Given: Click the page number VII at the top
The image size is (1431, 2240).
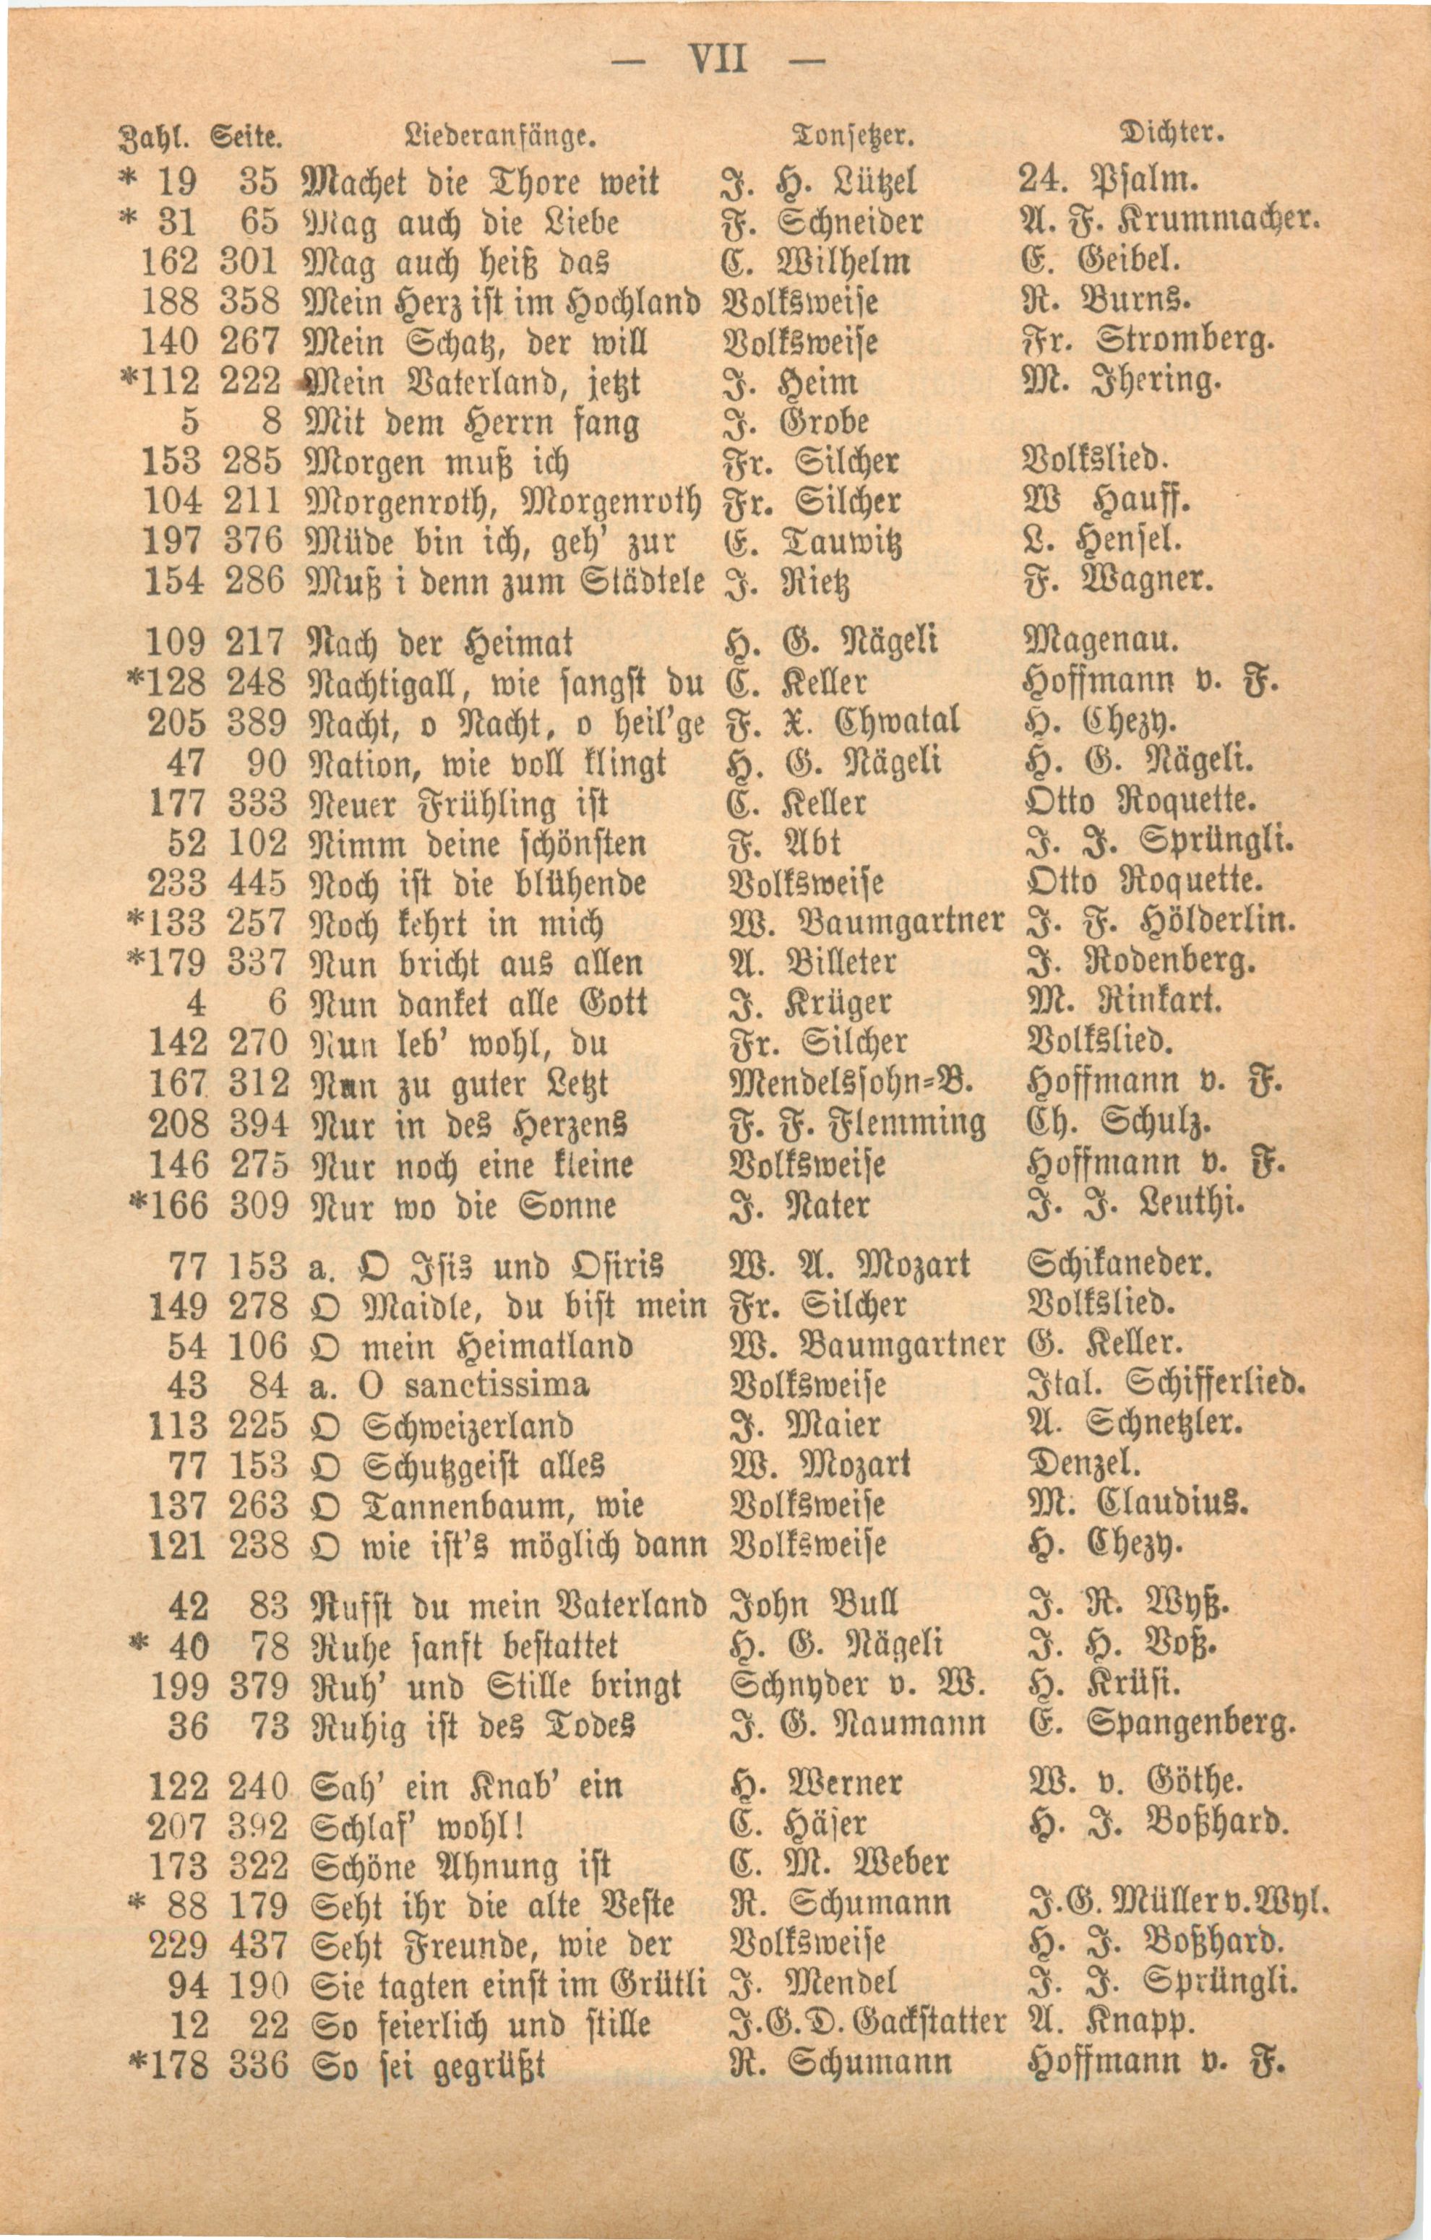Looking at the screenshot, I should (x=718, y=61).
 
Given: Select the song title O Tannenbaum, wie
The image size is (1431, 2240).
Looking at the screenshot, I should (x=476, y=1505).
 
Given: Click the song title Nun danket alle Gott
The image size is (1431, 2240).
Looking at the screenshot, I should (x=476, y=1003).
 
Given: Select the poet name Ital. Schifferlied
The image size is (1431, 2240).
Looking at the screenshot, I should (x=1166, y=1385).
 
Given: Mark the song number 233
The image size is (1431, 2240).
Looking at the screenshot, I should (x=177, y=882).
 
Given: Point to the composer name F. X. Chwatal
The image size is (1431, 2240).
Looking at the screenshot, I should (x=841, y=722).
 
